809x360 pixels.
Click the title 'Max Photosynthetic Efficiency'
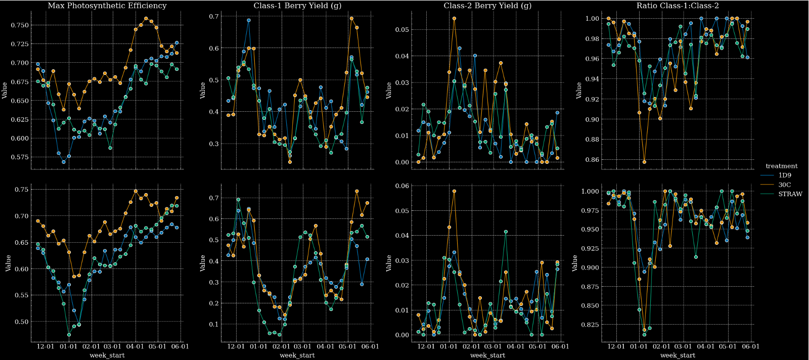[x=107, y=6]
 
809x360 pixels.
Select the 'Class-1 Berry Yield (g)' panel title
[x=297, y=6]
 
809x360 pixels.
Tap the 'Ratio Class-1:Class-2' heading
[x=678, y=6]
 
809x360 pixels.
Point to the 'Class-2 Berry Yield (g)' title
[x=487, y=6]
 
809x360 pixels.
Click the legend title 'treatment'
[x=781, y=166]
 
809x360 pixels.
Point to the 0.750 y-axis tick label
[x=19, y=25]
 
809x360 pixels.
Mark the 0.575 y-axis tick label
[x=19, y=157]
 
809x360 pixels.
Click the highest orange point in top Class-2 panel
[x=454, y=18]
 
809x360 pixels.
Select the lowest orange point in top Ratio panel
[x=645, y=162]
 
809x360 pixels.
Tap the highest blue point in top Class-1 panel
[x=249, y=20]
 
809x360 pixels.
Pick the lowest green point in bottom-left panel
[x=69, y=334]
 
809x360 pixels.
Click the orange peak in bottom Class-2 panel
[x=454, y=191]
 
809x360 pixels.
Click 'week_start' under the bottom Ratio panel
[x=678, y=355]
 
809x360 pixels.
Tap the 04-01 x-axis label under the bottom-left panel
[x=135, y=346]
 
